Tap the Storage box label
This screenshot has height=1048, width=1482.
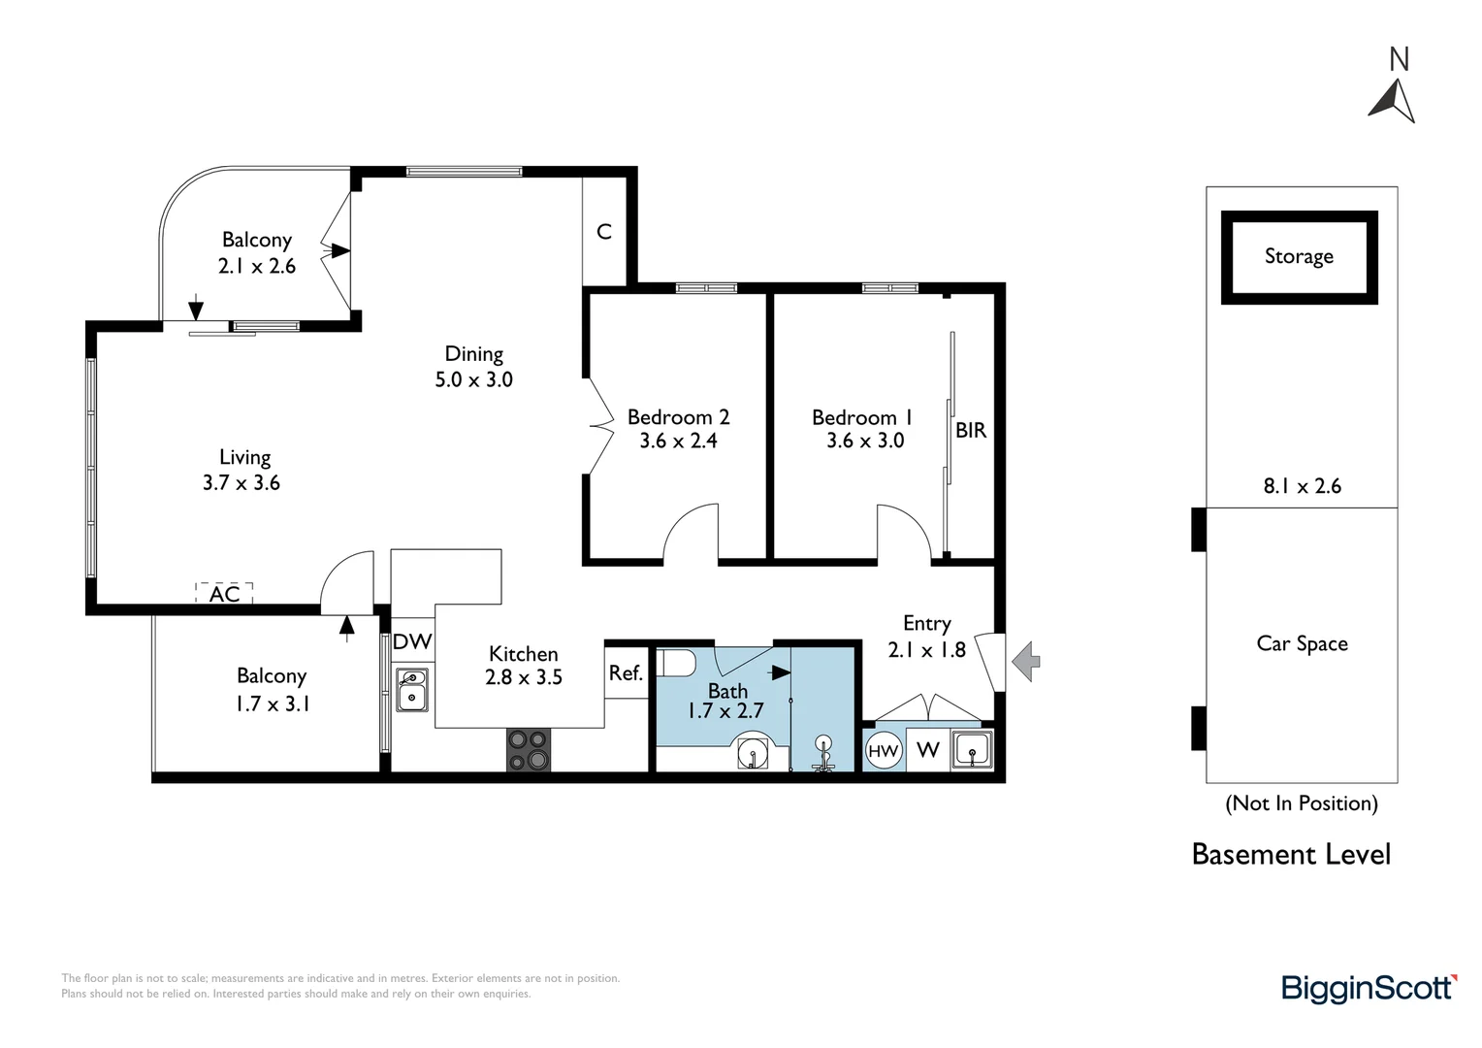(1299, 257)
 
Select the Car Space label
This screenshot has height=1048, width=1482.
(1302, 643)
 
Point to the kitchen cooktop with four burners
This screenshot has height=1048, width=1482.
(529, 750)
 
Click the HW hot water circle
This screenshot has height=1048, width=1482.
(884, 751)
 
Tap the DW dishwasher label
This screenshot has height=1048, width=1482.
(412, 641)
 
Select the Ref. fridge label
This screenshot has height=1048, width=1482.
(626, 673)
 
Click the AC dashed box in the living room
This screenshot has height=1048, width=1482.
(224, 593)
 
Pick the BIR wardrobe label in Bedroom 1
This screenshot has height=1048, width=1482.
(971, 430)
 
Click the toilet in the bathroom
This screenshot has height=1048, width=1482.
(675, 662)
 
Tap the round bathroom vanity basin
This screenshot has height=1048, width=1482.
(753, 751)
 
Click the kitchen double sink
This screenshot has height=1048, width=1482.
(412, 690)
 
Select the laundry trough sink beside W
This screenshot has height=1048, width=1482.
(972, 750)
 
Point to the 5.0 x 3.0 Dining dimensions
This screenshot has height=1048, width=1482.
(473, 380)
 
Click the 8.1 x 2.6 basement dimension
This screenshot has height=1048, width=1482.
(1302, 486)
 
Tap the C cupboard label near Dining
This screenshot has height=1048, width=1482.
(604, 232)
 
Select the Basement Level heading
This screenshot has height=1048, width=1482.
(1292, 855)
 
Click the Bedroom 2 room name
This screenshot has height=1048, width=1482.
(679, 417)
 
